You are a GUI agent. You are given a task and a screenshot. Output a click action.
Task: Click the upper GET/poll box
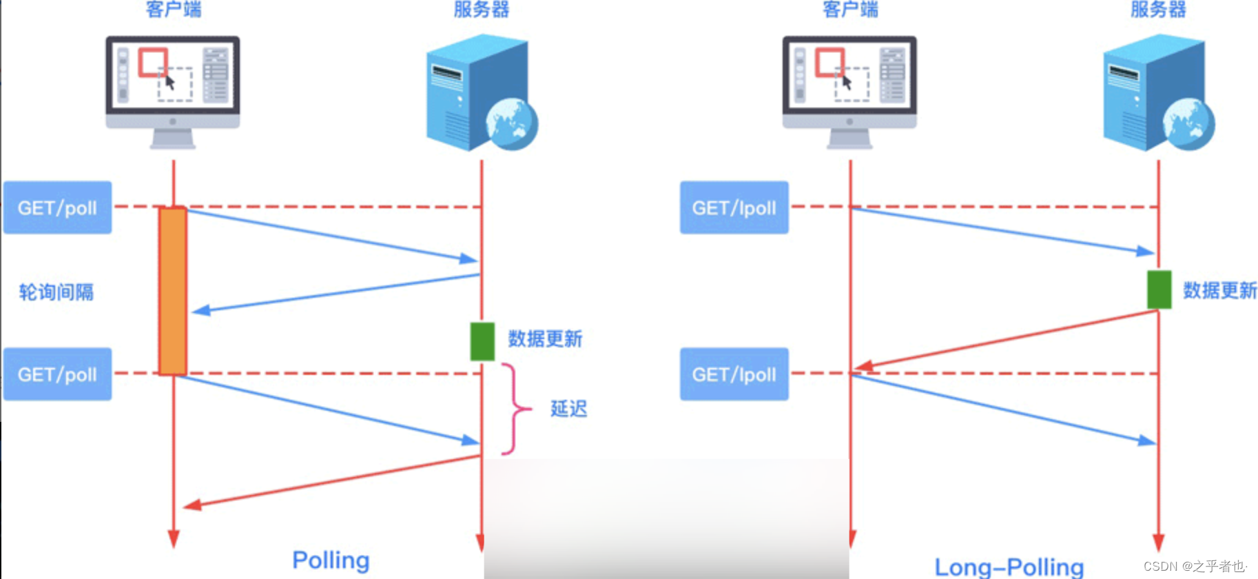point(57,207)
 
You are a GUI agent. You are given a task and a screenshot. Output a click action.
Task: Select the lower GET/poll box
point(57,374)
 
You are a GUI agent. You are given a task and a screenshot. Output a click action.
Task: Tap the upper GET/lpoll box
point(734,207)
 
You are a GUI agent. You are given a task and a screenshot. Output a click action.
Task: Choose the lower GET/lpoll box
point(734,374)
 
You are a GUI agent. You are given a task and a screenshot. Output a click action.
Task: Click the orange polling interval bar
point(172,291)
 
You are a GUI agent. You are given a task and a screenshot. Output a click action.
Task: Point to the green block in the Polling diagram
point(482,341)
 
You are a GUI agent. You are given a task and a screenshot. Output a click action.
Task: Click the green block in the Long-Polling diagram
point(1159,289)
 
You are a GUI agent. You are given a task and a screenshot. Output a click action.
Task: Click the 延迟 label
point(568,409)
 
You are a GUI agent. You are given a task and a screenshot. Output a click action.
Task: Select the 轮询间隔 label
point(56,292)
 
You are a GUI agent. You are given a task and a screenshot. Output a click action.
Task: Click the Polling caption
point(331,560)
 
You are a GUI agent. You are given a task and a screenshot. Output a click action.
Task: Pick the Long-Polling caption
point(1009,567)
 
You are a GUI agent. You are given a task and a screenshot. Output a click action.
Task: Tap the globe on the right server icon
point(1188,124)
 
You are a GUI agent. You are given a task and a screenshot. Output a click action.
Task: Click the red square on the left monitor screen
point(152,62)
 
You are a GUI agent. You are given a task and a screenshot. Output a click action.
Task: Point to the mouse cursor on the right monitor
point(847,83)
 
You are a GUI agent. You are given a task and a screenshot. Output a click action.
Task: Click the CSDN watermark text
point(1195,566)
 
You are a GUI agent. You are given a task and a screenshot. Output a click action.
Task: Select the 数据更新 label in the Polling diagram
point(545,339)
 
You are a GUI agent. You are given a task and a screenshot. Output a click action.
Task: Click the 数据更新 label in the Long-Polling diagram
point(1219,290)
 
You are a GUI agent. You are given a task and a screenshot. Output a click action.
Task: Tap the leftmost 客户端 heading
point(174,9)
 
